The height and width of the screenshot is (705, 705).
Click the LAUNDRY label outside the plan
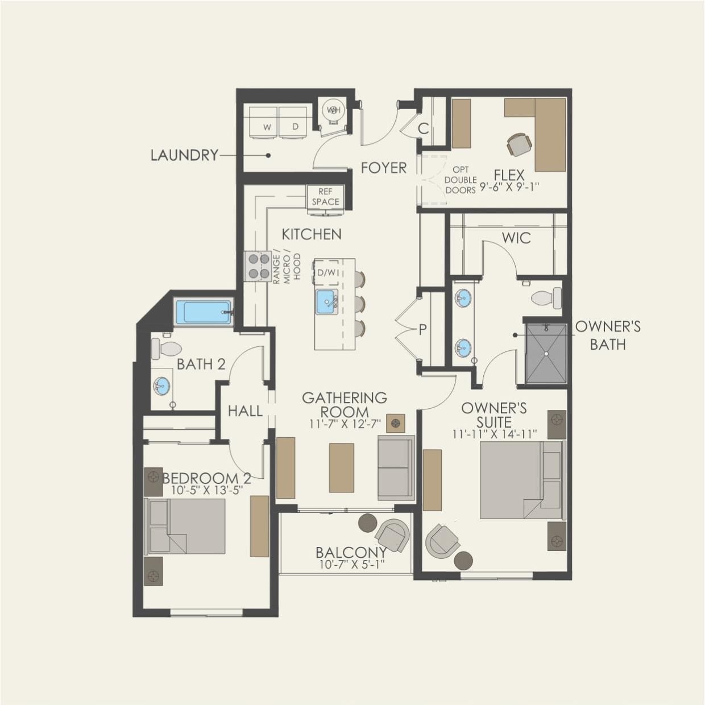184,155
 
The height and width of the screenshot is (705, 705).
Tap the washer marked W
267,121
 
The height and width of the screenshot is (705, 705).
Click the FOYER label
384,168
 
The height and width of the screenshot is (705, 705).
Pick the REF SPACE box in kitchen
325,197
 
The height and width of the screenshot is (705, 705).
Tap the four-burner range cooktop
258,266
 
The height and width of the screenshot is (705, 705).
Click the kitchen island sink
327,301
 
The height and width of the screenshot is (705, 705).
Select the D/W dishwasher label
327,273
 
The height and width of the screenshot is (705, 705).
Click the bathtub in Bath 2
204,312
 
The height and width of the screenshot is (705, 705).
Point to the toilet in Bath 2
167,348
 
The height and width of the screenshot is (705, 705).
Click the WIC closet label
516,238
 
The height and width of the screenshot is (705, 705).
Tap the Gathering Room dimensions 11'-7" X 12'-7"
345,424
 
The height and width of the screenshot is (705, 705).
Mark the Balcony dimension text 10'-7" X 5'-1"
351,565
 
